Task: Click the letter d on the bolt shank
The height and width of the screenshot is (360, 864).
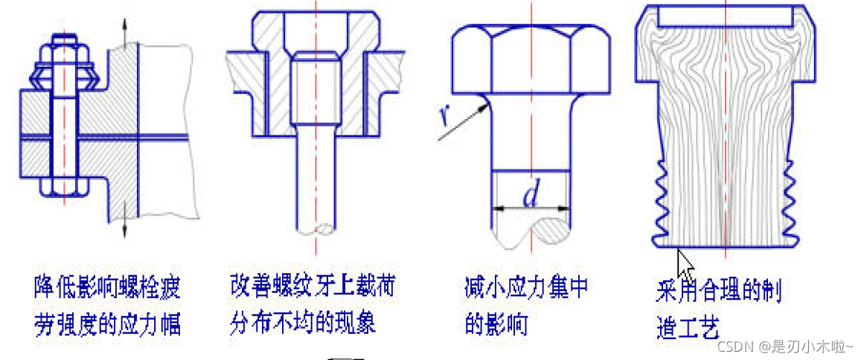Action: (x=531, y=196)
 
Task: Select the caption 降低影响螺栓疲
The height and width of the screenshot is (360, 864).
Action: (x=107, y=286)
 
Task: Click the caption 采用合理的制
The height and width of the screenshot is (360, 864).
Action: (x=719, y=289)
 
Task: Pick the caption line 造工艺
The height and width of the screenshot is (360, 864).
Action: (x=688, y=327)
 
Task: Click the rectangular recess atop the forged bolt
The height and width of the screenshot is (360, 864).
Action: (x=725, y=15)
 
